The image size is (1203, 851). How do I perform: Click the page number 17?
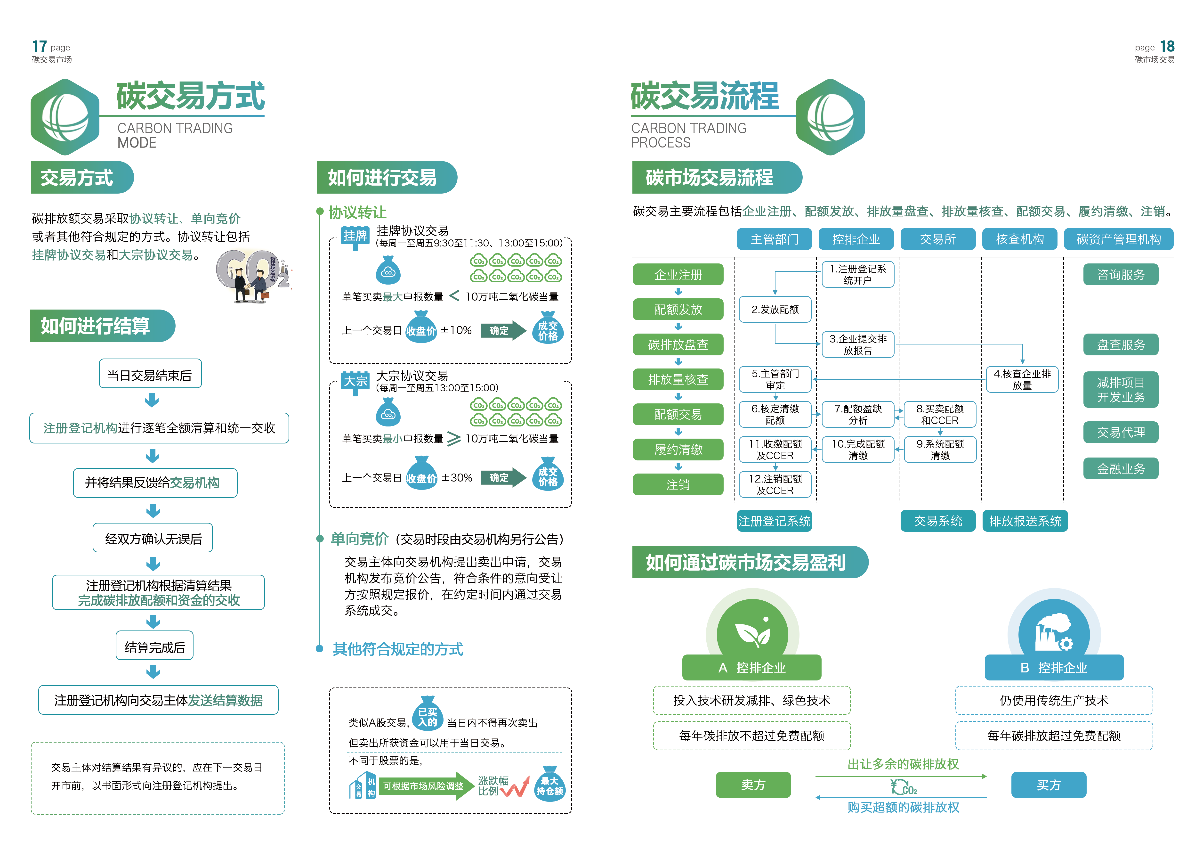39,47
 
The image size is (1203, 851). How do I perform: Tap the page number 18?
1167,47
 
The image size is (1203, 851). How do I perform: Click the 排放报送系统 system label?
1025,521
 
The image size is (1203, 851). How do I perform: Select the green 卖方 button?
753,785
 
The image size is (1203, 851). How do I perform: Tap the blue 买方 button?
1049,785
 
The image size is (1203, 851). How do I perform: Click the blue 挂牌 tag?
355,236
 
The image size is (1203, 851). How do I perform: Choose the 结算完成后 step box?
154,647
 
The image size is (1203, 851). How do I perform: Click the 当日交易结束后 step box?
150,375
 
